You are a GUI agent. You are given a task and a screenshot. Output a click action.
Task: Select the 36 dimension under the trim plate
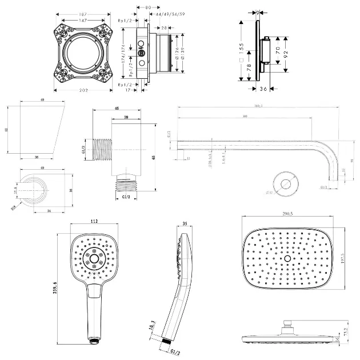(x=263, y=89)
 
